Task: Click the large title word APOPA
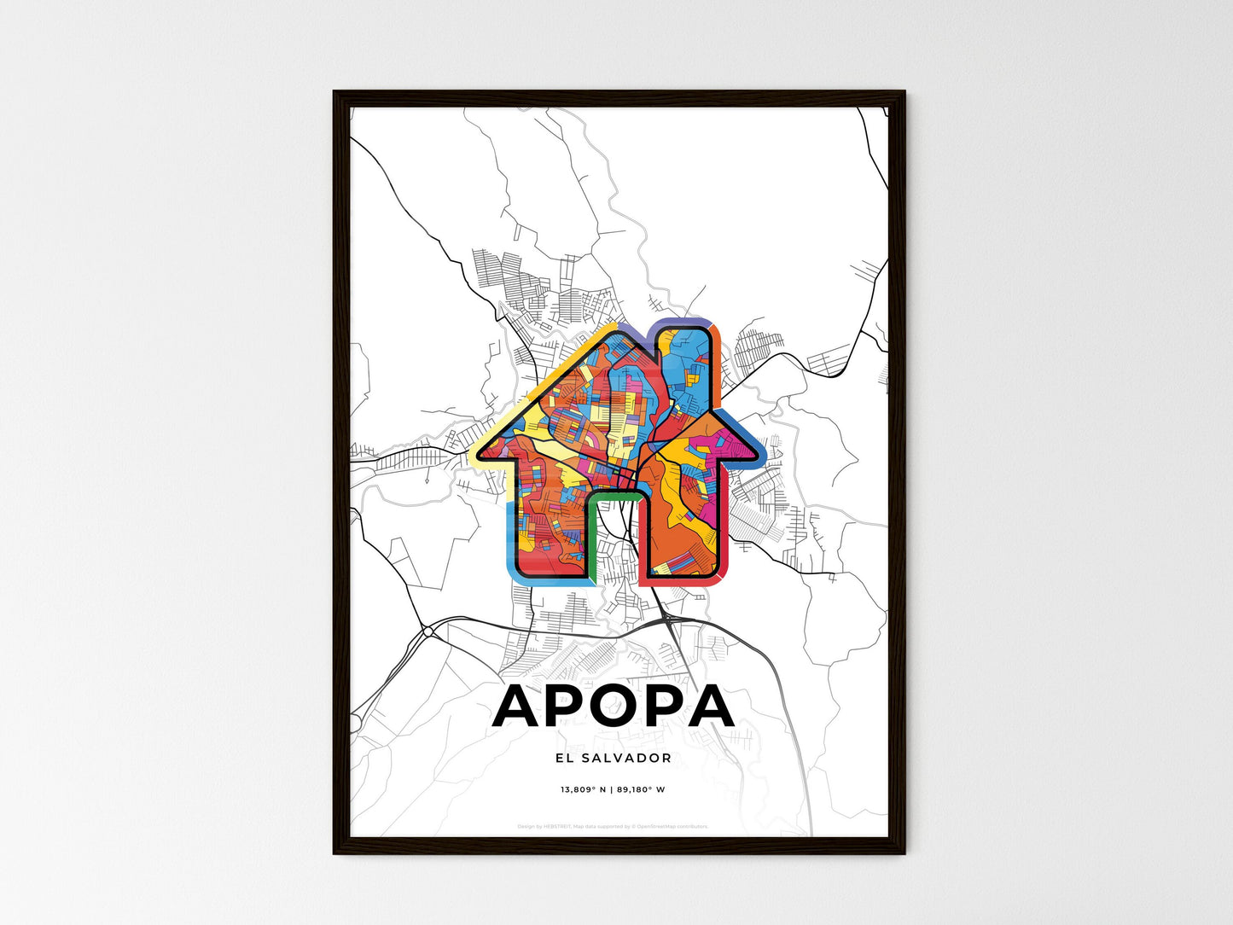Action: [613, 707]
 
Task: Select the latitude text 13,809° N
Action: [583, 789]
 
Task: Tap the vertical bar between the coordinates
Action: [612, 789]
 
